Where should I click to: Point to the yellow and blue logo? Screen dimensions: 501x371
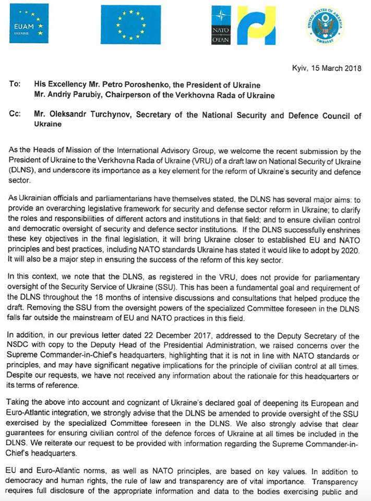[x=257, y=25]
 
